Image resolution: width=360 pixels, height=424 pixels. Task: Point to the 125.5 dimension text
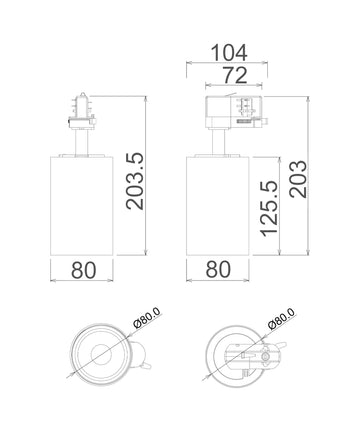[268, 207]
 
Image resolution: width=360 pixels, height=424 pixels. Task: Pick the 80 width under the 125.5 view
[217, 269]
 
